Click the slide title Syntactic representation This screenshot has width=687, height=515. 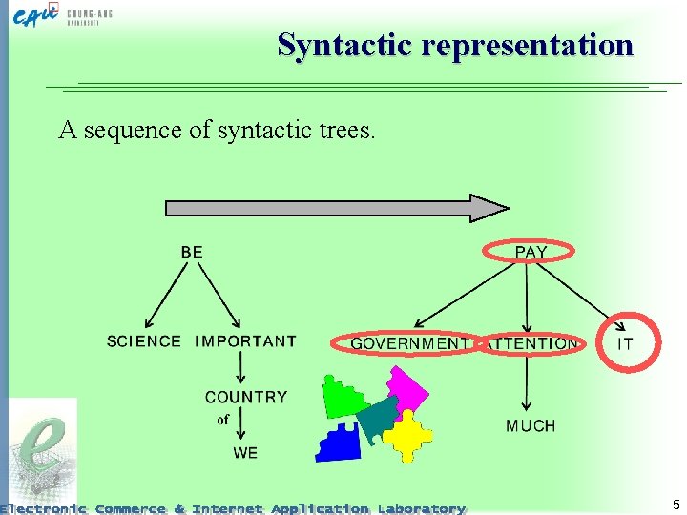(x=455, y=45)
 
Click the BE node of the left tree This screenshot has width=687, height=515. (x=192, y=252)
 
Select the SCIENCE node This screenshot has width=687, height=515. (x=144, y=341)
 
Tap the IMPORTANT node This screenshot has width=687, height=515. (x=245, y=341)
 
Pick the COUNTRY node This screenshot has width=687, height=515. (x=245, y=397)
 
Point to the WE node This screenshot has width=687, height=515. (x=245, y=452)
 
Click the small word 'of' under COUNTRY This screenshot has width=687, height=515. (x=223, y=420)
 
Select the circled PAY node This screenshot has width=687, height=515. (x=531, y=252)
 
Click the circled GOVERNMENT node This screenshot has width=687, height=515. (x=408, y=343)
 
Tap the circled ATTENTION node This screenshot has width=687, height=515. (x=531, y=343)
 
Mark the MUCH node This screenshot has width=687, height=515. (x=531, y=425)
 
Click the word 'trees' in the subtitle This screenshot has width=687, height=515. (x=346, y=130)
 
